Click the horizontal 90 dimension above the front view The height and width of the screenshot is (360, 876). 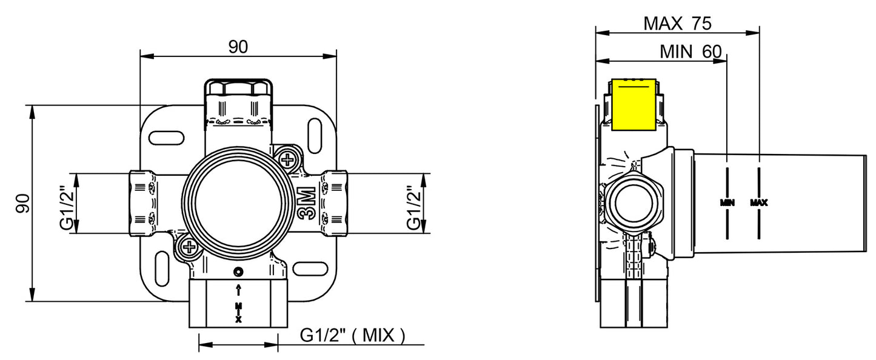[238, 47]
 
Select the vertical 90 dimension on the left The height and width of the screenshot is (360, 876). [23, 203]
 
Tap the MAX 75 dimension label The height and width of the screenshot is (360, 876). [677, 24]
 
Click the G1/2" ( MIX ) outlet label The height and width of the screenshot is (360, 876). [353, 335]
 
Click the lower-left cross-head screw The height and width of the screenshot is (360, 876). [190, 247]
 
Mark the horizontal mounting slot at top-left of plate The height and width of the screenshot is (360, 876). [167, 138]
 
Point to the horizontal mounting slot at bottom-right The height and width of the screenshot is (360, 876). [310, 268]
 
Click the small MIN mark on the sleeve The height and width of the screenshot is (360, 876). [727, 203]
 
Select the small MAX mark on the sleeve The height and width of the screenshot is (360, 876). [759, 203]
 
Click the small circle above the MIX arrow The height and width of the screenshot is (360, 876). [239, 272]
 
